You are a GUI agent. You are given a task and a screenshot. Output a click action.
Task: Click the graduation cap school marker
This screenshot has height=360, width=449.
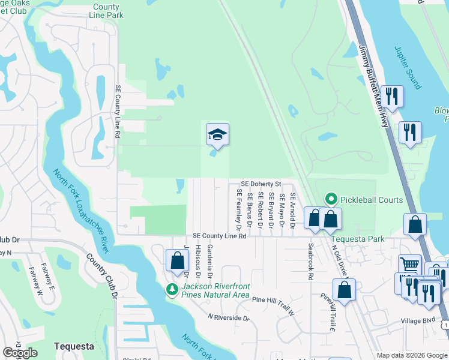217,134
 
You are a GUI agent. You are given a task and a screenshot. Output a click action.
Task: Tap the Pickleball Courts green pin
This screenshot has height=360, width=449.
330,199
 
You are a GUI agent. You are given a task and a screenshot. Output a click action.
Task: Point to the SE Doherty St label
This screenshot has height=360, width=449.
261,184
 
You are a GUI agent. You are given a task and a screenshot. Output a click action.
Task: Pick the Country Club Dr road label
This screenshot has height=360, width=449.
101,276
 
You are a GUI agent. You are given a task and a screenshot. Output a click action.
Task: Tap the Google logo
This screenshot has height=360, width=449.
20,353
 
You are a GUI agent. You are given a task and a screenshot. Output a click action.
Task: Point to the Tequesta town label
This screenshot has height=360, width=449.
74,346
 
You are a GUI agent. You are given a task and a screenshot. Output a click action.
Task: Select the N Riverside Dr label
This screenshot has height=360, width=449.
228,317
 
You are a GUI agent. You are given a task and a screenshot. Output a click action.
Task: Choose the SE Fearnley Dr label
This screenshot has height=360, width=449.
238,210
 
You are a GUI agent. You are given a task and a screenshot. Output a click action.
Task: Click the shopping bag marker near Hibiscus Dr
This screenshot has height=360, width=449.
177,260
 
